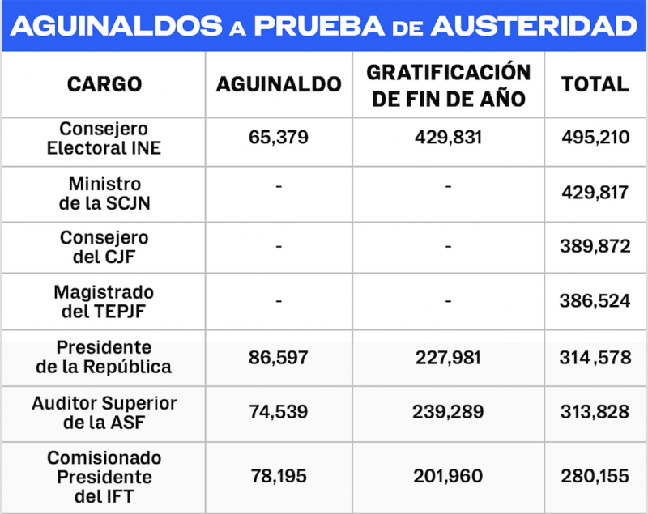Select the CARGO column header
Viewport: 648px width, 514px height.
tap(104, 84)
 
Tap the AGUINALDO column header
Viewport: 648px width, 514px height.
tap(279, 84)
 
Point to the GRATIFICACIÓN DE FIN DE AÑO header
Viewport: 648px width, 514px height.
tap(448, 85)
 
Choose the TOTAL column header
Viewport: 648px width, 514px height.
tap(595, 84)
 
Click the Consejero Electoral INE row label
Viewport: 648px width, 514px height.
tap(104, 138)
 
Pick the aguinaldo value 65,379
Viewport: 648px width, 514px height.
tap(279, 138)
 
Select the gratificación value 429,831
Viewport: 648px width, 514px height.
tap(448, 138)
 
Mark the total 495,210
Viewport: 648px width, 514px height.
tap(595, 138)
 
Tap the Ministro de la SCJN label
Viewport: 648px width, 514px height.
tap(104, 193)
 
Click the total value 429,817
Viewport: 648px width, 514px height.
tap(595, 193)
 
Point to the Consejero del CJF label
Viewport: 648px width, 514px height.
tap(104, 248)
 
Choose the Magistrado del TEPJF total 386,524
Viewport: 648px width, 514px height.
tap(595, 301)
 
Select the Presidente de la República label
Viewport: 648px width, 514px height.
tap(104, 357)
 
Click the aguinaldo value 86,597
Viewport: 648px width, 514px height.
tap(279, 356)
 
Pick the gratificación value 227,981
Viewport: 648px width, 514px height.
tap(448, 356)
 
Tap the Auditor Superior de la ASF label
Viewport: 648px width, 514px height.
tap(104, 411)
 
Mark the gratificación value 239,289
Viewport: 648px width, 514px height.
tap(448, 411)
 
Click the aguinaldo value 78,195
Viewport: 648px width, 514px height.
tap(279, 477)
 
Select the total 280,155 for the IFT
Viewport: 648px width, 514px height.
tap(595, 477)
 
